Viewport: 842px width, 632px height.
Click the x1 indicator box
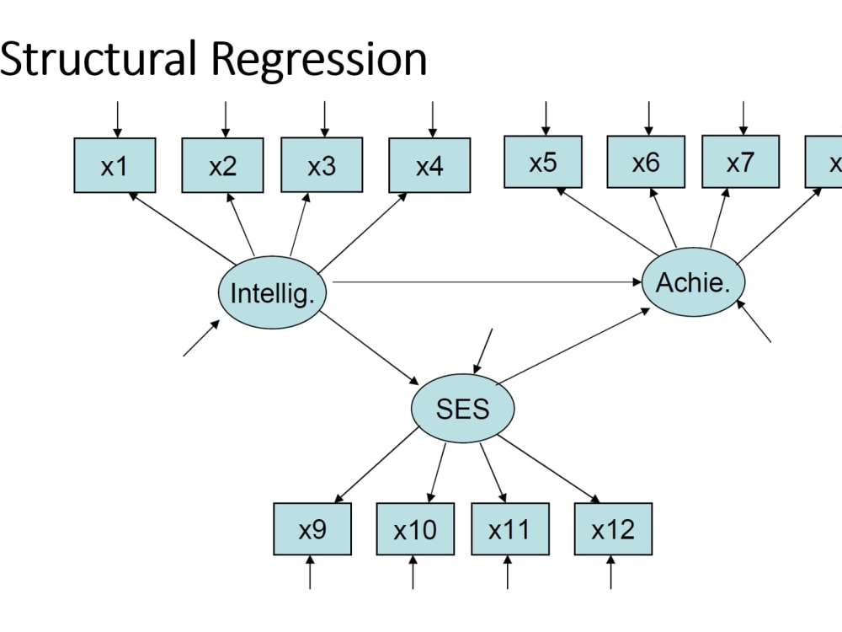(115, 165)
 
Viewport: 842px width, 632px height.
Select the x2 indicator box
(222, 165)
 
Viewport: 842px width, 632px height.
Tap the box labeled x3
(322, 165)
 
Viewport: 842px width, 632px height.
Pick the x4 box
(429, 165)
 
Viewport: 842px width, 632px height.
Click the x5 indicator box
(543, 162)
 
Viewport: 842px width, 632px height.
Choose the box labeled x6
(646, 162)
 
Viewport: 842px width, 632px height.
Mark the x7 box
(740, 162)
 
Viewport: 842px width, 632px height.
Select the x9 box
(312, 529)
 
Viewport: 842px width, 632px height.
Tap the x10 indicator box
(415, 529)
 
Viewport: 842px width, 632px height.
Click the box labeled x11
(510, 529)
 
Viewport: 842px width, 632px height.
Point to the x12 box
(613, 529)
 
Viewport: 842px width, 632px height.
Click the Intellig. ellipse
(273, 293)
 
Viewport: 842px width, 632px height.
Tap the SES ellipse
(462, 409)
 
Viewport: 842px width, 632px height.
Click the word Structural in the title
(97, 59)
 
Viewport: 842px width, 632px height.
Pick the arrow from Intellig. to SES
(370, 347)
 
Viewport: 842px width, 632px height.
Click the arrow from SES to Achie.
(573, 345)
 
